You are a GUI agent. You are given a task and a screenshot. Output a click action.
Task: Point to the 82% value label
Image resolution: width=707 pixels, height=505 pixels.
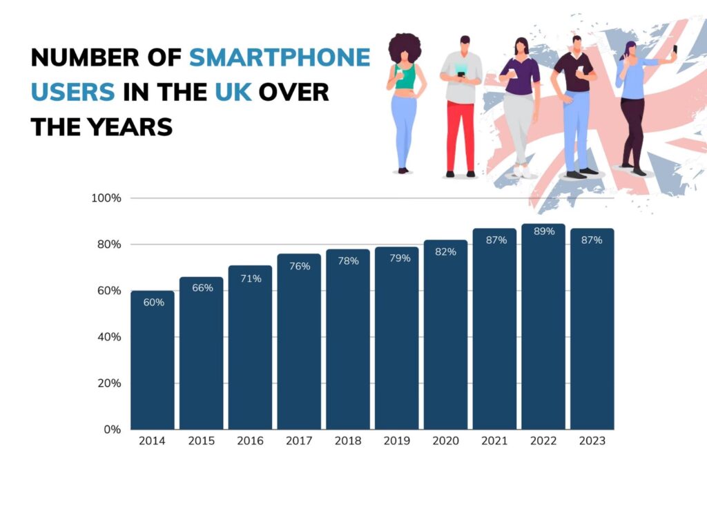[x=445, y=251]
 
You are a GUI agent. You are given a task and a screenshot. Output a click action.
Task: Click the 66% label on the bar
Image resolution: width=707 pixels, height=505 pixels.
[x=202, y=288]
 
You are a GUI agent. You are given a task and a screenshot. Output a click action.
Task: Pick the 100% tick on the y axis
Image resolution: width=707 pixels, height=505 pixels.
[x=106, y=198]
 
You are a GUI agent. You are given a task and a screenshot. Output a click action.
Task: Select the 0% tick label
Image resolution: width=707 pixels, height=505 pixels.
[x=112, y=430]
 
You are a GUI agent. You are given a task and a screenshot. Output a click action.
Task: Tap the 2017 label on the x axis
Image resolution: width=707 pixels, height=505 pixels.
[x=298, y=441]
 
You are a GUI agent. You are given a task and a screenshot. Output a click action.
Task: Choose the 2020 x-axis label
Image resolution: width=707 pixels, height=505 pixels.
[x=445, y=441]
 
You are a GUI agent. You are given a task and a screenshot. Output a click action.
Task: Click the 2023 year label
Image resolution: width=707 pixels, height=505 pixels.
[x=592, y=441]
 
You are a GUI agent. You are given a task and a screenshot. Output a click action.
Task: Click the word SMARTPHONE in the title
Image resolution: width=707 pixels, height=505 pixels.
[x=280, y=58]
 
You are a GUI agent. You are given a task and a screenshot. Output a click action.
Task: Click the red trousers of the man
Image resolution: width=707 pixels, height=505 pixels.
[x=461, y=135]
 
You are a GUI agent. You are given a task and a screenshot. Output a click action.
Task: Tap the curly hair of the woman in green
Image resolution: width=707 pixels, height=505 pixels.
[x=404, y=48]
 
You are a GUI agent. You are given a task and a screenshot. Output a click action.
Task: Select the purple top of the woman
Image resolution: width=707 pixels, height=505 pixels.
[x=521, y=75]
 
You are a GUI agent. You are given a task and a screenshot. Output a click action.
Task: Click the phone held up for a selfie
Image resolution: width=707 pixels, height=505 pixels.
[x=675, y=50]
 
